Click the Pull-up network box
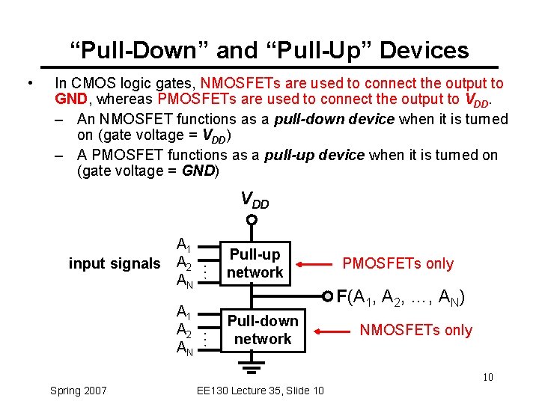pos(255,263)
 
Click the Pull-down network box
pos(262,330)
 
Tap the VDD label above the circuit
pos(254,200)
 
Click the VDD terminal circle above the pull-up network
pos(252,221)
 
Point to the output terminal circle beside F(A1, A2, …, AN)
pos(327,296)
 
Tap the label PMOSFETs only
pos(398,263)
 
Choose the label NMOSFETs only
pos(416,330)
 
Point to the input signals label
pos(115,263)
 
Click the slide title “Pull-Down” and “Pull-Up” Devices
pos(269,50)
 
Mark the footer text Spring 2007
pos(78,391)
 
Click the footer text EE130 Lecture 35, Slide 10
pos(259,391)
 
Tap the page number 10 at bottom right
pos(487,377)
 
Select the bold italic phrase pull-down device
pos(335,120)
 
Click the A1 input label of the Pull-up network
pos(183,245)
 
